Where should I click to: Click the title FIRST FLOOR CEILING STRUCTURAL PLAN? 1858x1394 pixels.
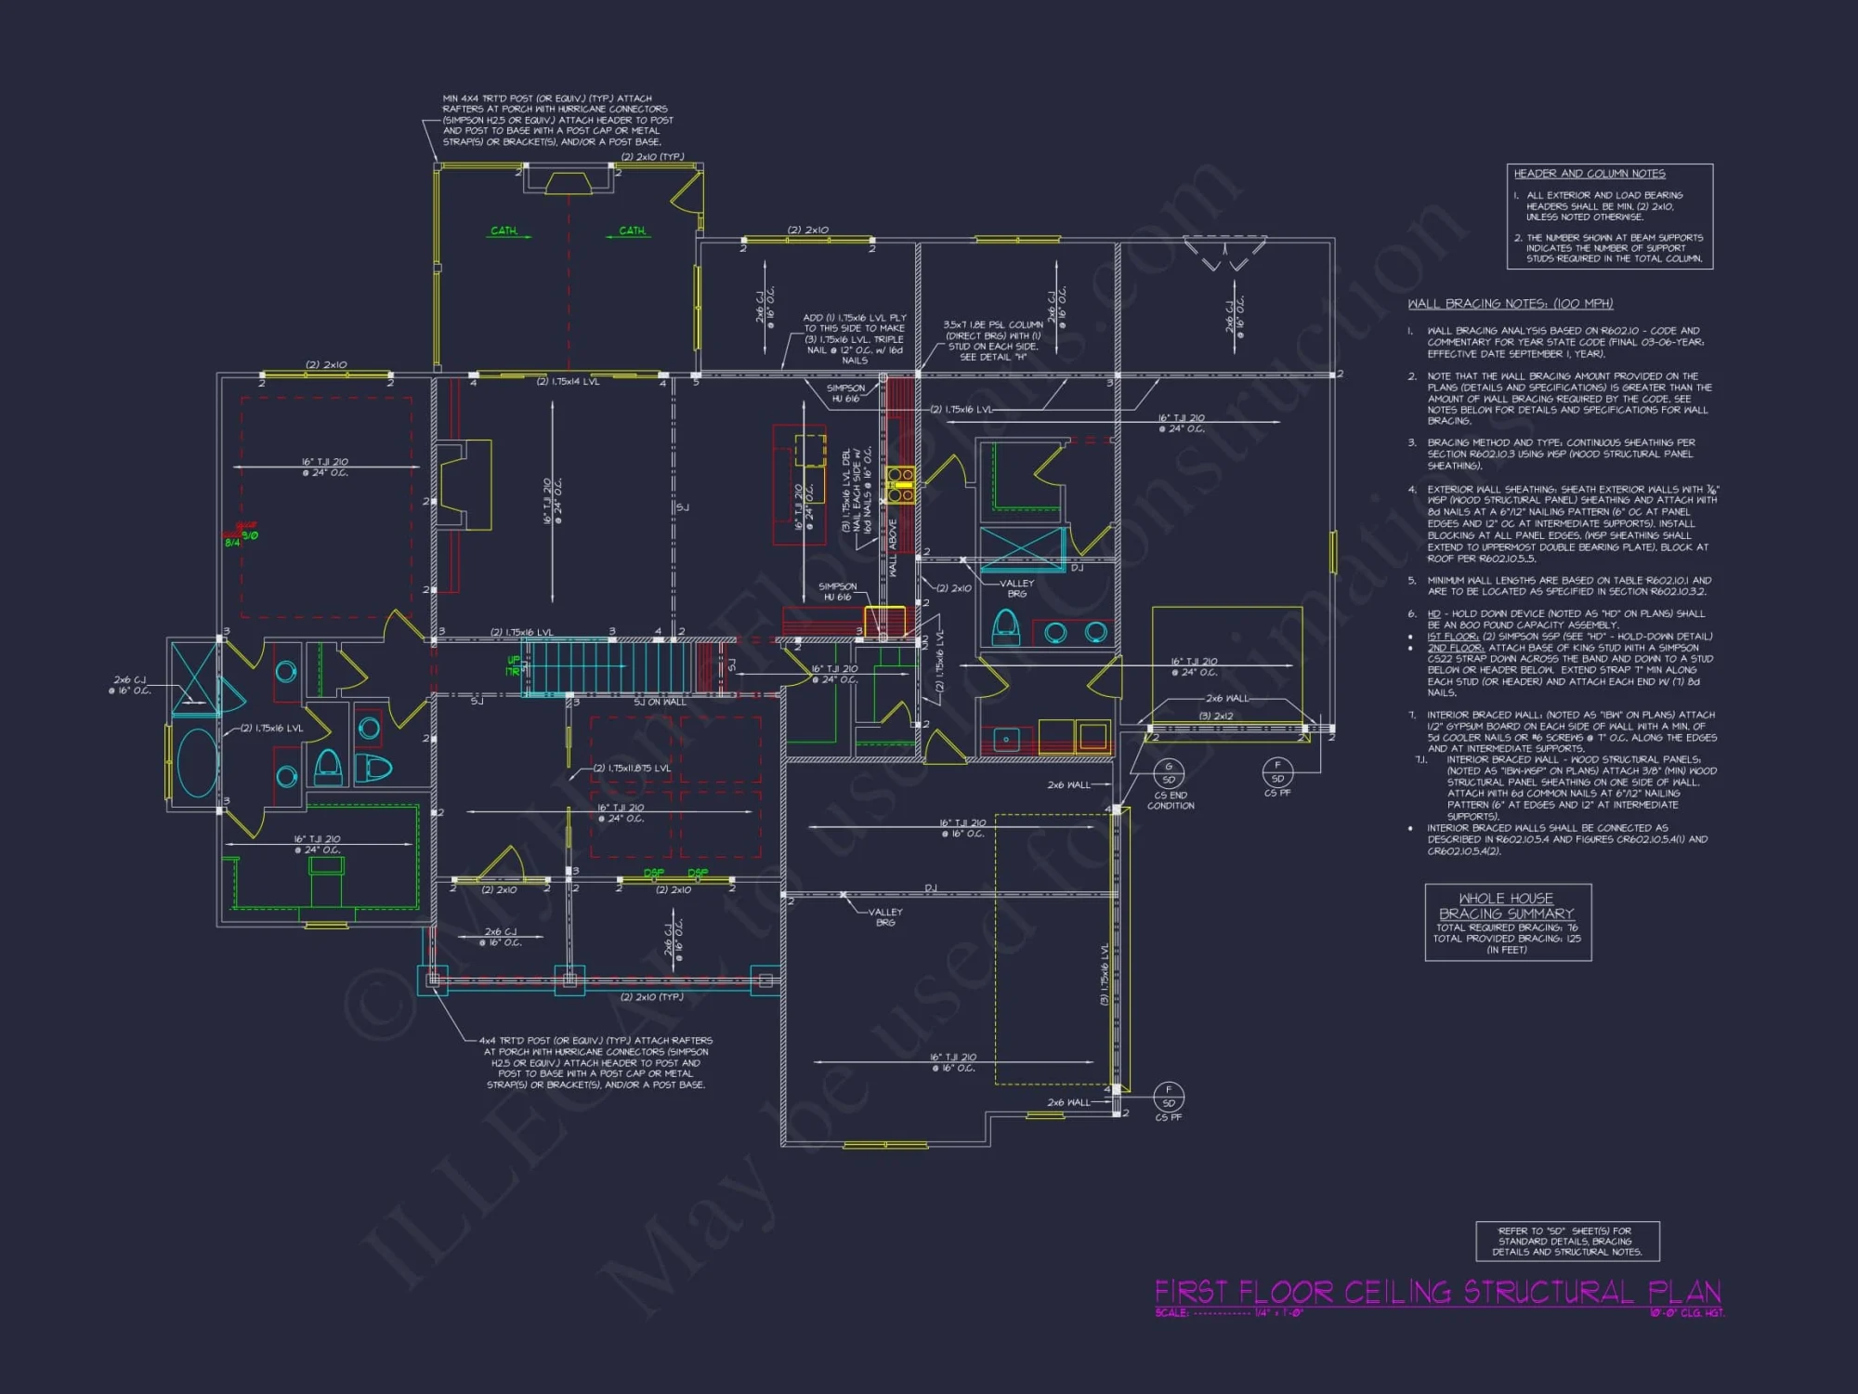1437,1292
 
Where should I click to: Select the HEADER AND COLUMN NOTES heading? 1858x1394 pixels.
1590,174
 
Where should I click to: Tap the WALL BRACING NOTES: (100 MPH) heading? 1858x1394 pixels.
1510,304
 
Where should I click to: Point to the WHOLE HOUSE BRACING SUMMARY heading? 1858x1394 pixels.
1506,906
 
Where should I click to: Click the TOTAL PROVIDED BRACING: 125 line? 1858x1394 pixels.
1506,939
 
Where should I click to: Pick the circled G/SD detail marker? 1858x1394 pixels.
1169,773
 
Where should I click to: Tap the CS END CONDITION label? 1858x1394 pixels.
1171,800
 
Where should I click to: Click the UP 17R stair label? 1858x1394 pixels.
513,665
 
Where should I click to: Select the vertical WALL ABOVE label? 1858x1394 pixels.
893,548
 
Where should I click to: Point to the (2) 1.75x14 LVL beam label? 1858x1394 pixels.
568,382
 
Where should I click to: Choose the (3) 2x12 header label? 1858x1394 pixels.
1216,716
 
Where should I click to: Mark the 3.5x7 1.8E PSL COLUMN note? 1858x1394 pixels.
992,341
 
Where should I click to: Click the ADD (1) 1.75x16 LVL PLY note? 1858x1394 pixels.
855,338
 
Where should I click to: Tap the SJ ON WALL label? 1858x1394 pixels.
660,703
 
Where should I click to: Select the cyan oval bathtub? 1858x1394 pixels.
197,762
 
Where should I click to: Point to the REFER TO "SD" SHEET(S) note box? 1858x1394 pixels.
1567,1241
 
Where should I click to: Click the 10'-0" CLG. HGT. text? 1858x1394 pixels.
1686,1312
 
